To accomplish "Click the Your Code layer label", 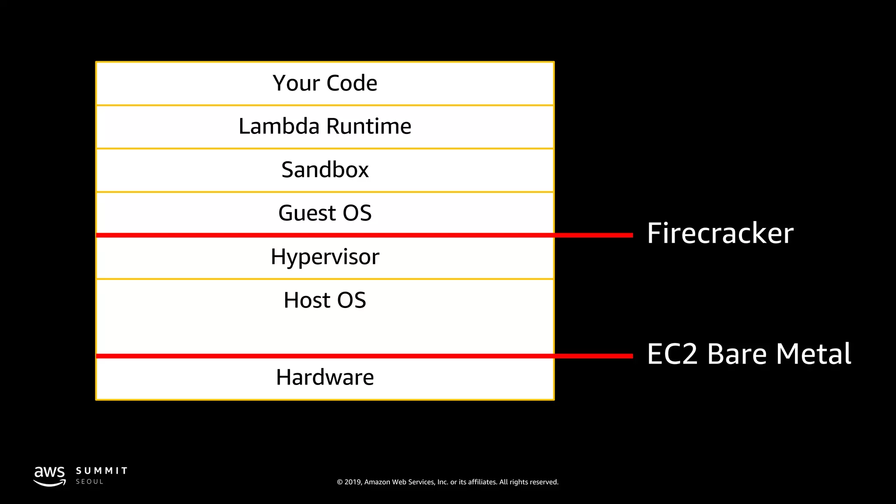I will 325,83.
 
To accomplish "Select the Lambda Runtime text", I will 325,126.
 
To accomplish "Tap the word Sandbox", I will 325,170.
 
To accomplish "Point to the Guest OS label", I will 325,213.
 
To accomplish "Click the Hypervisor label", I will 325,257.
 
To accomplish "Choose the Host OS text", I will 325,300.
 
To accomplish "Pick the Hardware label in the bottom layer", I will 325,377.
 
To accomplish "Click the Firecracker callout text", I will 720,233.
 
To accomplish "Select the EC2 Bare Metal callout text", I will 749,354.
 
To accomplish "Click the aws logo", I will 49,476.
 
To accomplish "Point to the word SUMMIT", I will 101,471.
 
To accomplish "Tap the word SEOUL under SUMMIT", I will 90,482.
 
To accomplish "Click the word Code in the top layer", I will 352,83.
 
